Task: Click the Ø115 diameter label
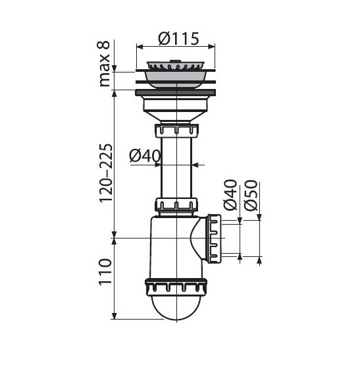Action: click(178, 39)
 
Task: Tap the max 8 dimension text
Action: click(104, 64)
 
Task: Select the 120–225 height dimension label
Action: click(106, 173)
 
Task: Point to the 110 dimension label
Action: click(105, 271)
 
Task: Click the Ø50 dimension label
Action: click(250, 195)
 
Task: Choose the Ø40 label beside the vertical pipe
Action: click(145, 155)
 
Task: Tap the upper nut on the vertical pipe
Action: click(176, 130)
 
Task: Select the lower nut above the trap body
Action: click(176, 204)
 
